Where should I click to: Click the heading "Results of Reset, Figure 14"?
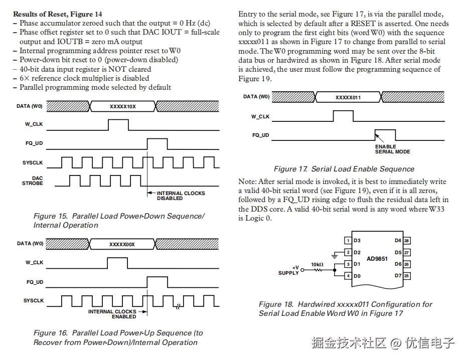[57, 14]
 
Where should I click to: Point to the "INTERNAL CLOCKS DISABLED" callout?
[181, 196]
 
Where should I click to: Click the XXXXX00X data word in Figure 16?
[122, 244]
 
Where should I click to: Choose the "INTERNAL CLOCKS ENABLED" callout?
[112, 314]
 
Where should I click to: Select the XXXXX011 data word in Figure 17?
[348, 98]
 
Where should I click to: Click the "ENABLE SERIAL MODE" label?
[392, 149]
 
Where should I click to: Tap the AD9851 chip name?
[378, 258]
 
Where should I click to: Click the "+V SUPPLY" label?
[289, 270]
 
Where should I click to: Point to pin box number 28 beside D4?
[407, 241]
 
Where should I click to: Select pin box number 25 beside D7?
[407, 276]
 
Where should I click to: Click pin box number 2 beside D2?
[348, 253]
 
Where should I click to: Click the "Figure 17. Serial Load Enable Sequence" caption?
[344, 169]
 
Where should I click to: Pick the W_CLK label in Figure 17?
[260, 116]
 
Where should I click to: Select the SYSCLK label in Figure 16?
[34, 301]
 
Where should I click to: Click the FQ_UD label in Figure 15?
[35, 143]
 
